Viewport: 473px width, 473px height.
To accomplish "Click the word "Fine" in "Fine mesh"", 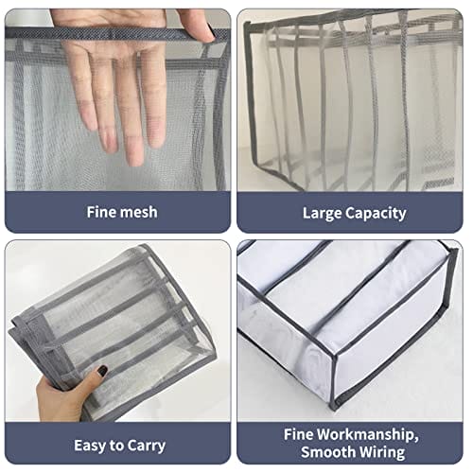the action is click(x=99, y=212).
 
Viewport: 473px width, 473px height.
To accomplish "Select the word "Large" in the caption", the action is click(x=322, y=214).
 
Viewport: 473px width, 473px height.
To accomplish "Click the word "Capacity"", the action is click(x=376, y=214).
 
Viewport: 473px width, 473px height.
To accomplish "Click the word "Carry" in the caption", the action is click(x=147, y=446).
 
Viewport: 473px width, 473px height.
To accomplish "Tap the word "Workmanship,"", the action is click(x=368, y=435).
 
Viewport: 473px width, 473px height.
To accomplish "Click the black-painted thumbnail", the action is click(x=102, y=371).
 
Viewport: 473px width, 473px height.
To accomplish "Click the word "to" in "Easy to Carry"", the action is click(x=116, y=447).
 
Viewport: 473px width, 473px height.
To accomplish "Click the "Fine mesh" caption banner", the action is click(x=117, y=212).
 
